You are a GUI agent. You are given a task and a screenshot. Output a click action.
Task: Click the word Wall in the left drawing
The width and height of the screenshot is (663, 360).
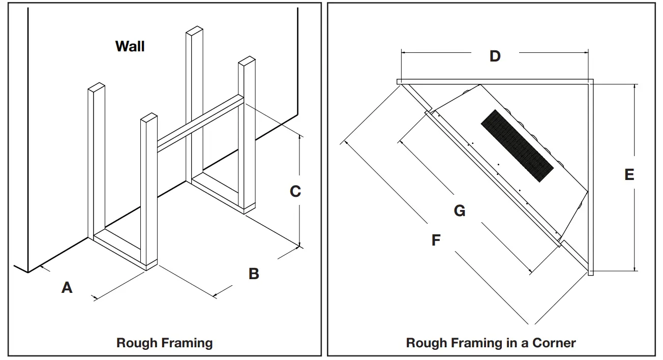[x=130, y=46]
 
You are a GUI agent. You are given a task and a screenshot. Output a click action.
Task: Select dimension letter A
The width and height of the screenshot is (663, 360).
[x=67, y=288]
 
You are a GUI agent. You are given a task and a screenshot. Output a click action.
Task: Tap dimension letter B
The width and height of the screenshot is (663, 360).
[x=254, y=274]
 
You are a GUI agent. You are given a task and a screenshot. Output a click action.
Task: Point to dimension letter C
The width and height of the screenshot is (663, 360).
[x=295, y=192]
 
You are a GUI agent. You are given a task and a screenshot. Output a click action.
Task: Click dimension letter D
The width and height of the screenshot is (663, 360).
[x=495, y=56]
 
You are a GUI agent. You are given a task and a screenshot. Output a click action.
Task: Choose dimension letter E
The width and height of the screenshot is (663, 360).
[x=629, y=175]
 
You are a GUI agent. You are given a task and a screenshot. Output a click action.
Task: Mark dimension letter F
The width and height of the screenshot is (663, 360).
[x=436, y=240]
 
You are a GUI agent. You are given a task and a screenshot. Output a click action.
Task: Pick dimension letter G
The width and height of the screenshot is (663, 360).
[x=459, y=211]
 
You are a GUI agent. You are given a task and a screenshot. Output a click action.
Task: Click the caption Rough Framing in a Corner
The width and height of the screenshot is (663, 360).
[x=491, y=343]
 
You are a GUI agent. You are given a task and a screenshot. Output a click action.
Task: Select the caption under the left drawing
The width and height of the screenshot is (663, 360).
[x=164, y=343]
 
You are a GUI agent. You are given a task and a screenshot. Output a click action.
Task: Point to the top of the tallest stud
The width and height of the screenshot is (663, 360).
[x=195, y=31]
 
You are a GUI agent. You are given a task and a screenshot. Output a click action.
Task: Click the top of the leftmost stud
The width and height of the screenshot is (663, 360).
[x=96, y=87]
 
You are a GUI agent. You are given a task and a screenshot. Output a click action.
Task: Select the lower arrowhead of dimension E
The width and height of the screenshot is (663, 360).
[x=635, y=269]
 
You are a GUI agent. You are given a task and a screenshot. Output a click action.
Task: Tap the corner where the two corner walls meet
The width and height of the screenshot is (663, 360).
[x=590, y=81]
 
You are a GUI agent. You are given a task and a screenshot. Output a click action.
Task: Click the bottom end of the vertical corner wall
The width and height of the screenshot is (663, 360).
[x=590, y=273]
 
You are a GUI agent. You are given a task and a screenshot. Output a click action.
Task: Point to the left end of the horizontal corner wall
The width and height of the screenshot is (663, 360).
[x=399, y=81]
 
